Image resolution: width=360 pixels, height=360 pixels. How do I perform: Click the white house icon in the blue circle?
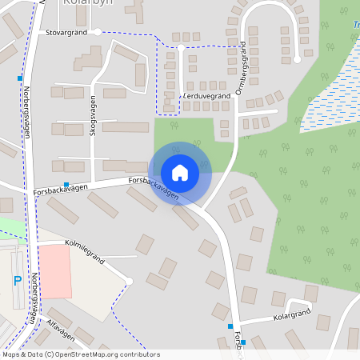click(x=180, y=172)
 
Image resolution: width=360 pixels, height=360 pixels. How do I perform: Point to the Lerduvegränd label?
click(x=206, y=95)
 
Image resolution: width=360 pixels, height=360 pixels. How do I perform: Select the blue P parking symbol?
click(x=17, y=281)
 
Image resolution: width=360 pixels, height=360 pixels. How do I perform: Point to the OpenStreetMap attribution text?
click(x=81, y=354)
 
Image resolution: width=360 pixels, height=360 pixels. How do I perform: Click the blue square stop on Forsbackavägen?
click(x=66, y=184)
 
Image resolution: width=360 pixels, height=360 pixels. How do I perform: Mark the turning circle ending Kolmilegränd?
click(x=128, y=280)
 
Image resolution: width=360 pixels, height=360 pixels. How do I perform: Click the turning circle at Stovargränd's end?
click(x=97, y=33)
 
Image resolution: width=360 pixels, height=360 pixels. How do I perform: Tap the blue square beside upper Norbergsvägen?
click(x=19, y=78)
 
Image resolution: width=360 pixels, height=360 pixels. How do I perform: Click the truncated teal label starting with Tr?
click(x=355, y=25)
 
